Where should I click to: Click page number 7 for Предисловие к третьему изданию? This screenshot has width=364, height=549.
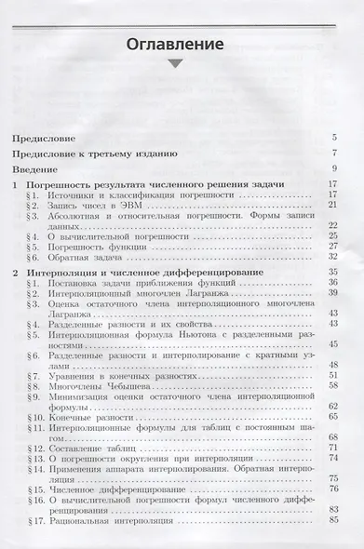(x=332, y=154)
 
